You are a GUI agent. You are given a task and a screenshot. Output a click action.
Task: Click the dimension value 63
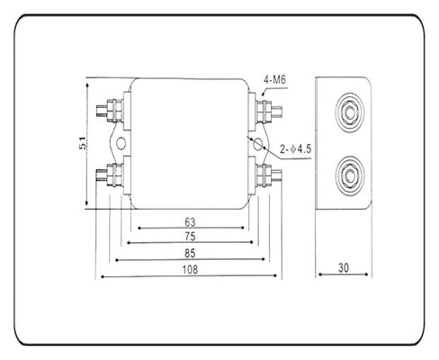coord(190,221)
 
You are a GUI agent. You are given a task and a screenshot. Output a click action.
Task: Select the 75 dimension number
coord(190,237)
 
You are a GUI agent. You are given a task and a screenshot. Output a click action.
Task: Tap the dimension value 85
coord(190,253)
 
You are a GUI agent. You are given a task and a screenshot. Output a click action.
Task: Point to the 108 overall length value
coord(190,269)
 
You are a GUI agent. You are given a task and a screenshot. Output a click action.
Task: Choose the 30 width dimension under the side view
coord(344,268)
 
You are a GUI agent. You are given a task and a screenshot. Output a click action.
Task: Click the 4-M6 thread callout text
coord(275,82)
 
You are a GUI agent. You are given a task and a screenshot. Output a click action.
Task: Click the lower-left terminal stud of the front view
coord(112,172)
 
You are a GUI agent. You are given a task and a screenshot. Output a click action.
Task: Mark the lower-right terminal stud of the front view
coord(268,172)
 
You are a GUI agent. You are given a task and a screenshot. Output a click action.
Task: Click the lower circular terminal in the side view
coord(347,171)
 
